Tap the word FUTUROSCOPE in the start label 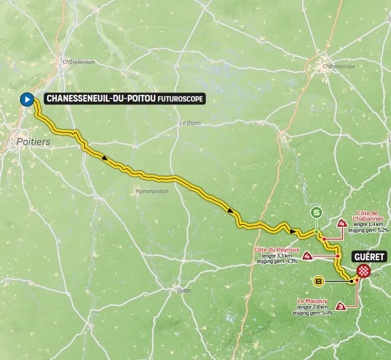click(x=180, y=99)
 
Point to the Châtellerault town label click(x=79, y=62)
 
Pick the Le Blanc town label click(x=190, y=123)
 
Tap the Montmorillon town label click(x=152, y=191)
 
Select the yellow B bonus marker click(x=319, y=282)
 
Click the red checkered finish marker click(x=363, y=271)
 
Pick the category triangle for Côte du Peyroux click(x=308, y=256)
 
